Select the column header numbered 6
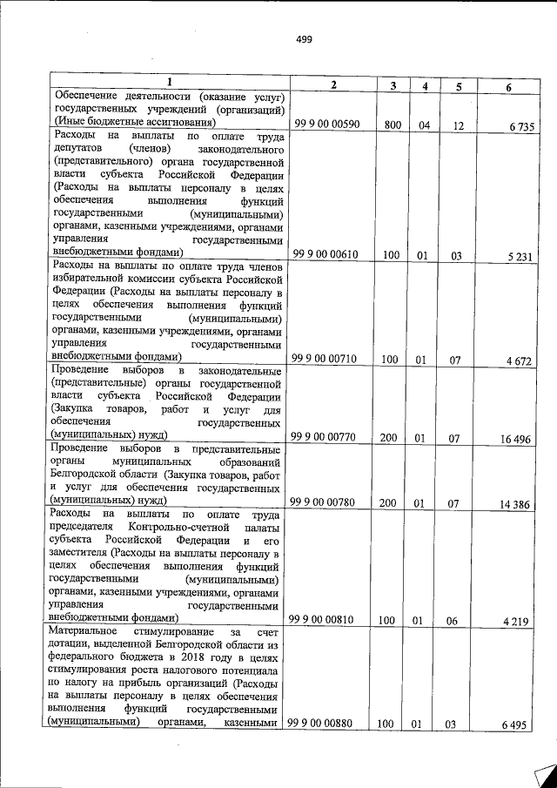pyautogui.click(x=509, y=85)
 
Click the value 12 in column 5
pyautogui.click(x=458, y=126)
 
